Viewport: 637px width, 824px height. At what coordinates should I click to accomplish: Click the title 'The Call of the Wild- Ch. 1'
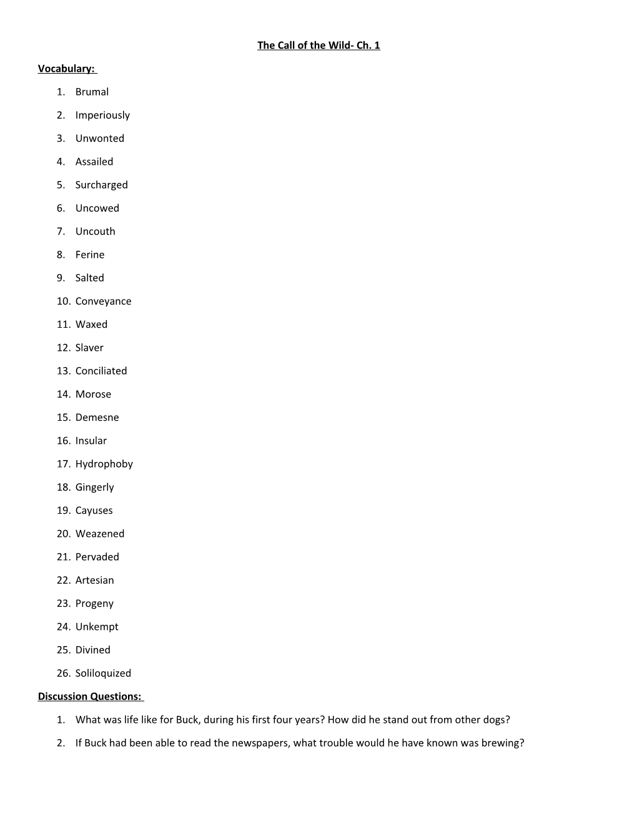[318, 45]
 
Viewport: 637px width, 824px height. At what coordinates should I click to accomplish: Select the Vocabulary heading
[66, 69]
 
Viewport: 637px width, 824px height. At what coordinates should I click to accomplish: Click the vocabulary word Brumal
[92, 92]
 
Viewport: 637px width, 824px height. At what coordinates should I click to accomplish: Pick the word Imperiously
[102, 115]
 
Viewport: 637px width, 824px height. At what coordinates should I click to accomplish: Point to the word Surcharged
[101, 185]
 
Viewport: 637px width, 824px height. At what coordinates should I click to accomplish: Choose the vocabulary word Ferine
[90, 255]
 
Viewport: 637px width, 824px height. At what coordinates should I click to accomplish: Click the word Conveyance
[103, 301]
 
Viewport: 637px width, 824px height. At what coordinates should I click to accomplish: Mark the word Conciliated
[101, 371]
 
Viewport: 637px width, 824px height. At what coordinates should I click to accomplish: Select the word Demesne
[97, 418]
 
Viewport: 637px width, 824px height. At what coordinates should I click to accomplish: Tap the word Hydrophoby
[104, 464]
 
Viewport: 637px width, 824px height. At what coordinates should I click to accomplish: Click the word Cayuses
[94, 511]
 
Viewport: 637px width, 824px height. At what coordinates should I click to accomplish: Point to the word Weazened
[100, 534]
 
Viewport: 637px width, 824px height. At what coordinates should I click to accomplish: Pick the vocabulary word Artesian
[94, 580]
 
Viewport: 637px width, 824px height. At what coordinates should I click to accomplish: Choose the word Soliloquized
[103, 673]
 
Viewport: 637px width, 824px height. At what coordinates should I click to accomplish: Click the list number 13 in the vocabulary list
[63, 371]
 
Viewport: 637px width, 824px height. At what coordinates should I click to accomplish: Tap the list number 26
[63, 673]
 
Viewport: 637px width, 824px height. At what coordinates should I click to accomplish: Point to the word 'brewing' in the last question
[501, 743]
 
